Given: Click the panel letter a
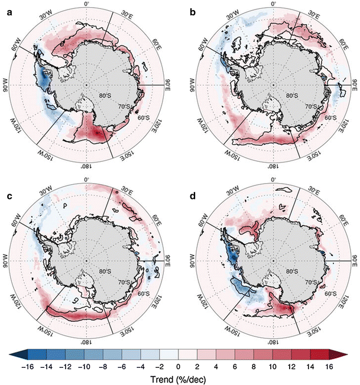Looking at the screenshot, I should [x=7, y=7].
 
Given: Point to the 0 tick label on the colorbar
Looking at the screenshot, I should [x=178, y=366].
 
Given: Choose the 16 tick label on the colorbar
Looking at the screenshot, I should [x=329, y=366].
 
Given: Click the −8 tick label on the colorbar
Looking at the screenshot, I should [x=103, y=366].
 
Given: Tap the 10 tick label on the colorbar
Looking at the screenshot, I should [x=273, y=366].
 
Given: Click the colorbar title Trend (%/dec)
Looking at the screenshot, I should [x=179, y=378].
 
